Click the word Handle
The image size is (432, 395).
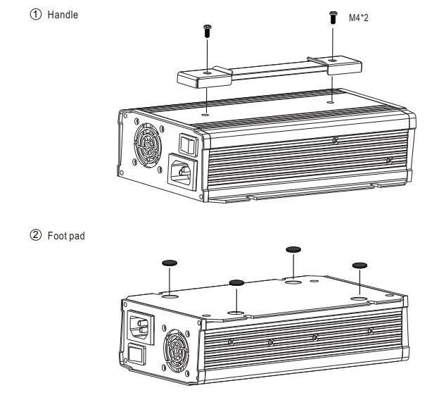[63, 15]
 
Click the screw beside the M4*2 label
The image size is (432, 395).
[333, 18]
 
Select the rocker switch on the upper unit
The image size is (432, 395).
[185, 145]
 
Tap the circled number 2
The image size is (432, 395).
[36, 235]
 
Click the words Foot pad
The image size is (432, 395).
[66, 236]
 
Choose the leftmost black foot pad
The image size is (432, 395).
[170, 263]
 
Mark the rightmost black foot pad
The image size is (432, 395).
[360, 265]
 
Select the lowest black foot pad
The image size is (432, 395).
[236, 282]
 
